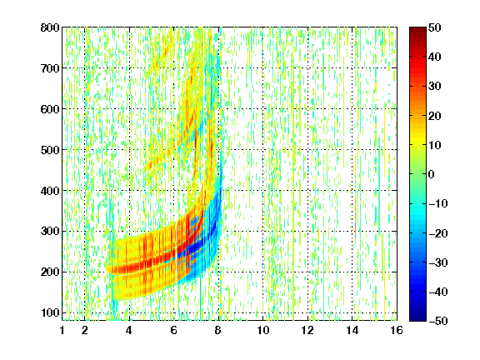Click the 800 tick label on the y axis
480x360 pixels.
pyautogui.click(x=50, y=27)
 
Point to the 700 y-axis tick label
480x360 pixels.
pyautogui.click(x=50, y=68)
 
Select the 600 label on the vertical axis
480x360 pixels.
pyautogui.click(x=50, y=109)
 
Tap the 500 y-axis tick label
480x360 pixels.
pyautogui.click(x=50, y=150)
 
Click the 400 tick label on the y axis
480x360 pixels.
pyautogui.click(x=50, y=191)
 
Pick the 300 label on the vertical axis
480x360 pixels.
pyautogui.click(x=50, y=232)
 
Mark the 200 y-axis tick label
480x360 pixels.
pyautogui.click(x=50, y=272)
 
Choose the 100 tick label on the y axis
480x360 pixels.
pyautogui.click(x=50, y=312)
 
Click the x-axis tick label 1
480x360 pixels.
pyautogui.click(x=62, y=330)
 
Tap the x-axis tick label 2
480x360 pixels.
pyautogui.click(x=85, y=330)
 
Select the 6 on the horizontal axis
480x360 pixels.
pyautogui.click(x=174, y=330)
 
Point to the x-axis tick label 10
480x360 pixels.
pyautogui.click(x=263, y=330)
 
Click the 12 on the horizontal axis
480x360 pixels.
pyautogui.click(x=307, y=330)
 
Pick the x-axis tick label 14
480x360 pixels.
pyautogui.click(x=352, y=330)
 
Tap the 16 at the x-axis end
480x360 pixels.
pyautogui.click(x=397, y=330)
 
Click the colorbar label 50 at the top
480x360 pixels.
pyautogui.click(x=435, y=27)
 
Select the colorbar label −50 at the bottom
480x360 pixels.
pyautogui.click(x=438, y=321)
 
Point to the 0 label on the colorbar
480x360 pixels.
pyautogui.click(x=432, y=174)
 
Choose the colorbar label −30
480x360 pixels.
pyautogui.click(x=438, y=262)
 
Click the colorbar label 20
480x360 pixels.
pyautogui.click(x=435, y=116)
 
